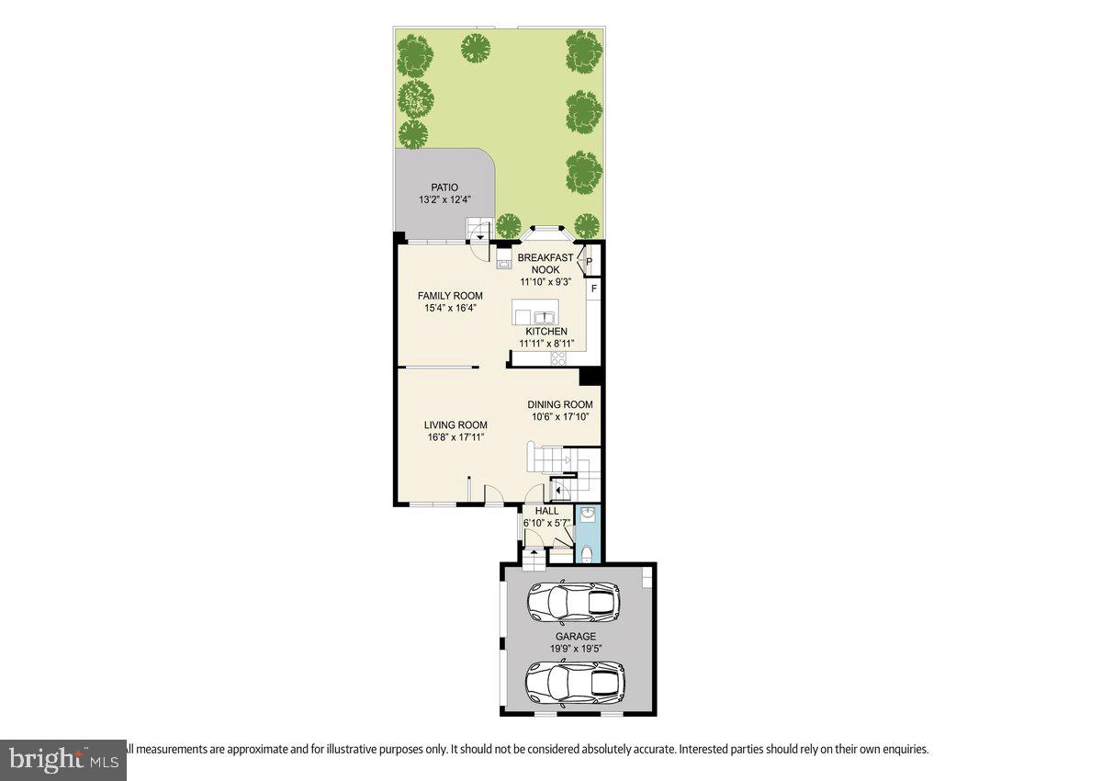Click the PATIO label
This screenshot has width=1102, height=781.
[x=444, y=187]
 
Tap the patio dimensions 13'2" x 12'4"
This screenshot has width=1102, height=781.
[x=444, y=199]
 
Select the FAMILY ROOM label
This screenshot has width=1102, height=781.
[x=450, y=296]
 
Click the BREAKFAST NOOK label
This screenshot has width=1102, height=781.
[x=545, y=264]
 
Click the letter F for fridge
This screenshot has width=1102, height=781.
[x=594, y=289]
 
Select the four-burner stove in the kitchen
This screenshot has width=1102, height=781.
[x=557, y=358]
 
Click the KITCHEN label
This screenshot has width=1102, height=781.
[x=546, y=332]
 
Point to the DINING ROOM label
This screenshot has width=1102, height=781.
[x=560, y=404]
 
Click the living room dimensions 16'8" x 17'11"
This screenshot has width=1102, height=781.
[x=455, y=437]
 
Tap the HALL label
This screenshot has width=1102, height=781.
[x=547, y=511]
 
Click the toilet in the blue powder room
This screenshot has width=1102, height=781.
[x=587, y=552]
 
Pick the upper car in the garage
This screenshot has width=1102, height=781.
[x=573, y=603]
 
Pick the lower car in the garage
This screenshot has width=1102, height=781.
[x=575, y=682]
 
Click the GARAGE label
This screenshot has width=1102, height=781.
[x=576, y=636]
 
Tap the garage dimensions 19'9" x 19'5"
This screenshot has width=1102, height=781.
[x=576, y=648]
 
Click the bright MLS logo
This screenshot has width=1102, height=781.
[x=62, y=760]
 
